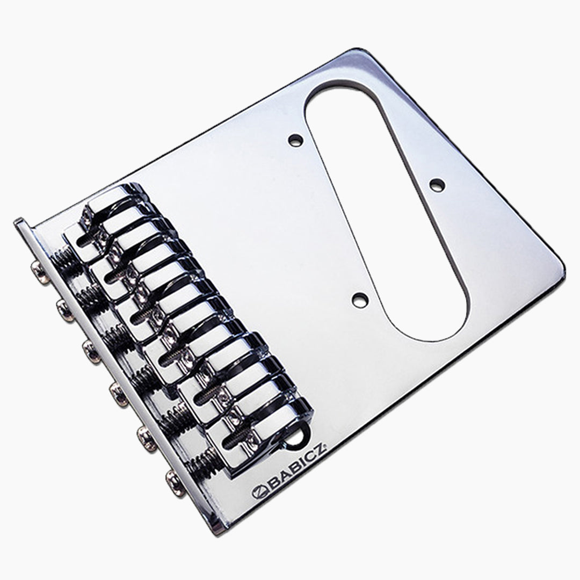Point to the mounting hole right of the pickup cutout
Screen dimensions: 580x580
click(436, 184)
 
